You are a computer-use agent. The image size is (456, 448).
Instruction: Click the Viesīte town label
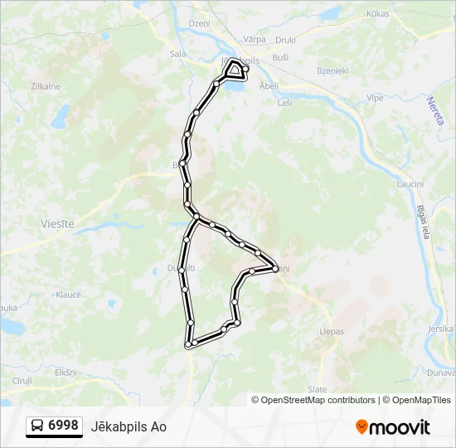[x=57, y=224]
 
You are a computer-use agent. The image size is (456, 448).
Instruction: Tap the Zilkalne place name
[x=45, y=86]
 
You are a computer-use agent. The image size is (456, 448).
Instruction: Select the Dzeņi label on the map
[x=200, y=24]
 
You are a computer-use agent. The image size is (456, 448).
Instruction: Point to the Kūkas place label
[x=377, y=14]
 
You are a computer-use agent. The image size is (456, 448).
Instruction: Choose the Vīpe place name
[x=375, y=97]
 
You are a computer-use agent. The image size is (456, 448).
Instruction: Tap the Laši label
[x=285, y=102]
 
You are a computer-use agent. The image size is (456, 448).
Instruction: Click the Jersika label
[x=439, y=329]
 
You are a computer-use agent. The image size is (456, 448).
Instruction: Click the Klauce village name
[x=68, y=295]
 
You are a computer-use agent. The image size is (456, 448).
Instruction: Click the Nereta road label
[x=436, y=111]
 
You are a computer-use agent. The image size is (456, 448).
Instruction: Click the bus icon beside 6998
[x=38, y=426]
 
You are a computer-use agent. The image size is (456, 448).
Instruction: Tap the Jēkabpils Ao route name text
[x=135, y=426]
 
